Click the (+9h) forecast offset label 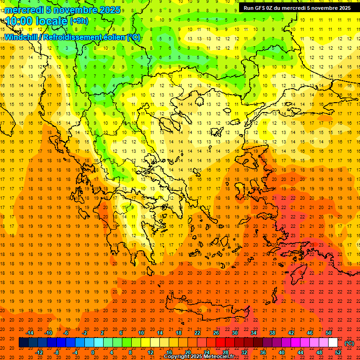click(78, 21)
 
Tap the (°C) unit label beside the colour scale click(349, 343)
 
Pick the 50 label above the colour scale click(329, 333)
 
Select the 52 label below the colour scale click(338, 352)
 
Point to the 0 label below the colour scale click(93, 352)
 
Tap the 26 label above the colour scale click(216, 333)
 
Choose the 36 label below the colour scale click(263, 352)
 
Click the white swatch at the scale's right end click(333, 343)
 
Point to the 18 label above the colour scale click(179, 333)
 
